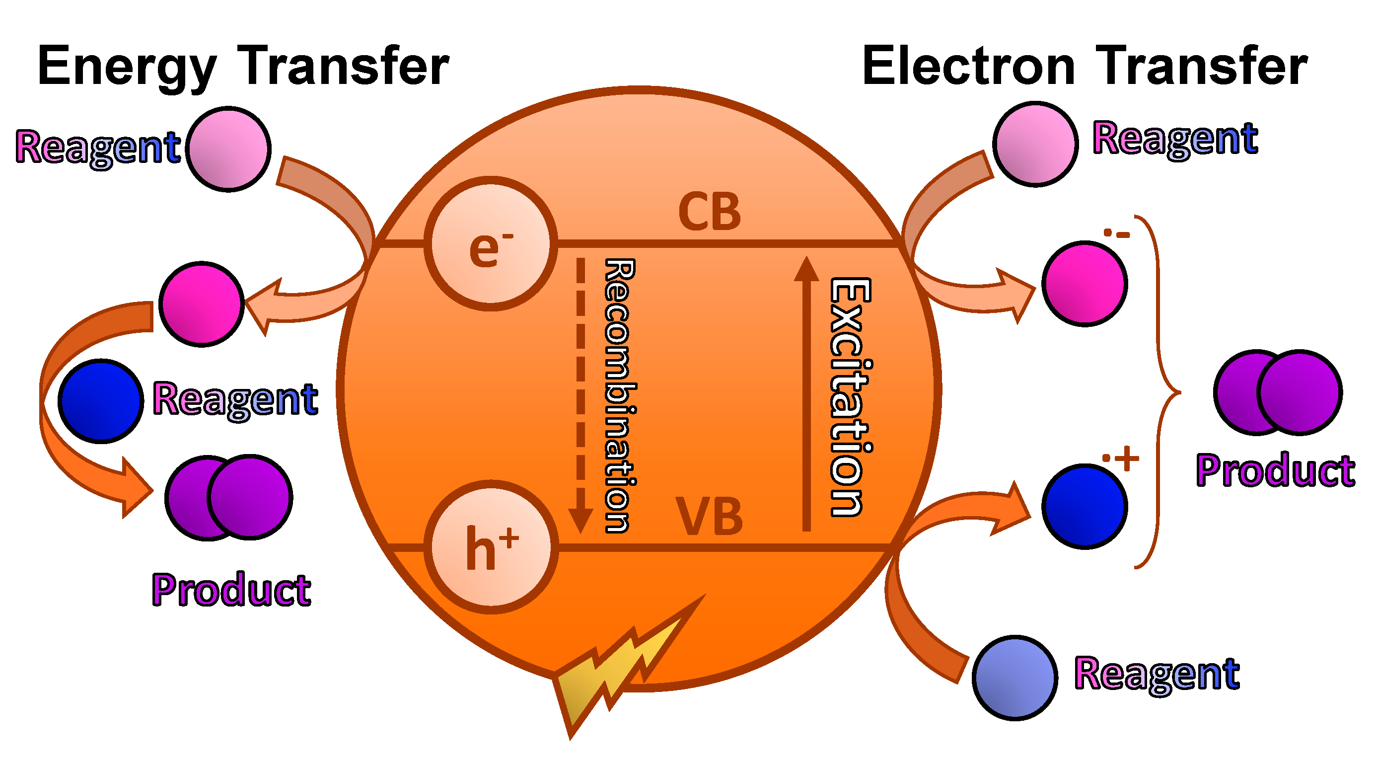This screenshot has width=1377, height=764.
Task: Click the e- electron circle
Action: click(491, 244)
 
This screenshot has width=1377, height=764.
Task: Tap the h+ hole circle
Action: click(491, 546)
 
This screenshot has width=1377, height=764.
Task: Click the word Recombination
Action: click(620, 395)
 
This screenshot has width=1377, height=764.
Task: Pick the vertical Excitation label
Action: click(851, 397)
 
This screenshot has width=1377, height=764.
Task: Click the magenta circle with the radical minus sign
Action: click(1085, 283)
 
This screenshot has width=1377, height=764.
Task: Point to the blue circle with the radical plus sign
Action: click(1085, 506)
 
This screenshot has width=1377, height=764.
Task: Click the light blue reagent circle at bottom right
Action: click(1015, 678)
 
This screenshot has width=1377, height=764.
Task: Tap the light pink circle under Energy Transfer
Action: click(228, 149)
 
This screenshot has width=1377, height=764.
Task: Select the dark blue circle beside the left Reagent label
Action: click(100, 401)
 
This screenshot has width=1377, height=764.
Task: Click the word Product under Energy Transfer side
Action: click(231, 590)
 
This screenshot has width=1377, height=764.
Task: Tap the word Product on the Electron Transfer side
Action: click(1275, 470)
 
